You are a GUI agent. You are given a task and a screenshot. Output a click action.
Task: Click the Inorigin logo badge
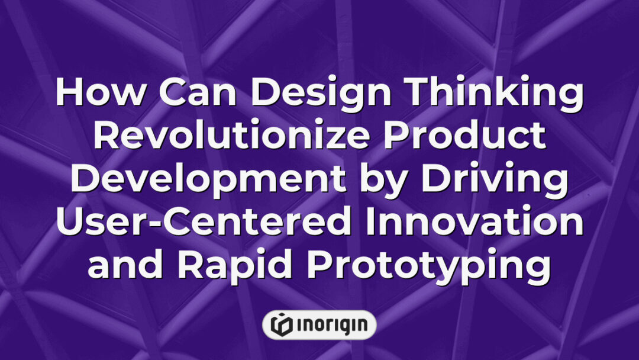[x=319, y=324]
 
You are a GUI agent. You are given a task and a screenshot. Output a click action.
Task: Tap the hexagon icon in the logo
[x=280, y=324]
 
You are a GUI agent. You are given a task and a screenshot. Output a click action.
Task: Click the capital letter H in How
[x=70, y=95]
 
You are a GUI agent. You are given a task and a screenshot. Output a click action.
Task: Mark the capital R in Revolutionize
[x=108, y=137]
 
